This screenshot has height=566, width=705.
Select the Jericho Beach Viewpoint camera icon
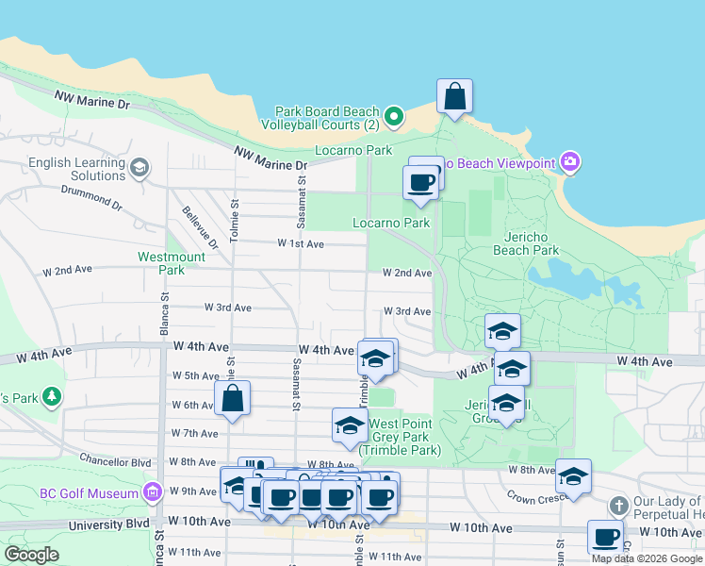coord(569,163)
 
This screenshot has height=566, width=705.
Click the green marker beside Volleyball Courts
coord(395,117)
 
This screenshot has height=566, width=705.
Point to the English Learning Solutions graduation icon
coord(139,168)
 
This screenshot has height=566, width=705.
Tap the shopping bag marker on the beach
coord(454,95)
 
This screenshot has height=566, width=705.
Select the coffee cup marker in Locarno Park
coord(420,181)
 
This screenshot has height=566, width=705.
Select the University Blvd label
coord(116,522)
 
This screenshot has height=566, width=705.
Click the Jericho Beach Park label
coord(526,243)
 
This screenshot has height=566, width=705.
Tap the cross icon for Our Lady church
coord(618,507)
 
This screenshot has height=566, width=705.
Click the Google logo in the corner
coord(32,555)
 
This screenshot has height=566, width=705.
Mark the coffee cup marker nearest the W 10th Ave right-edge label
coord(605,537)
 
